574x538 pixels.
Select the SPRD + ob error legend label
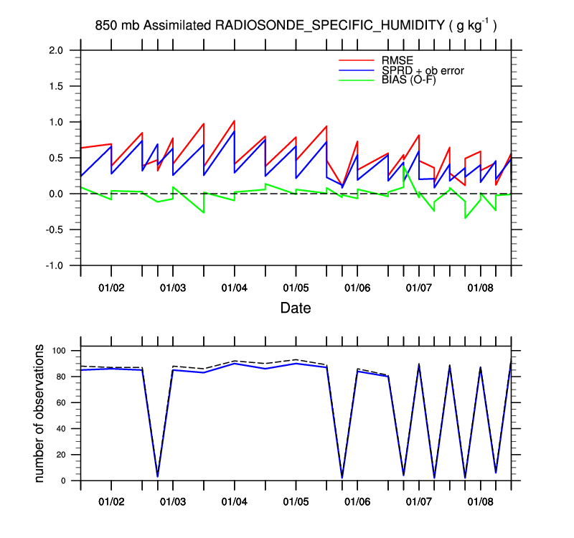click(x=423, y=70)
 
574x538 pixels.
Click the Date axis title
click(x=295, y=308)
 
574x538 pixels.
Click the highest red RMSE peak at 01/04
click(x=234, y=121)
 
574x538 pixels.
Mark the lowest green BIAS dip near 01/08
click(x=465, y=217)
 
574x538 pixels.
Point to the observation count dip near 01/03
click(x=158, y=476)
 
